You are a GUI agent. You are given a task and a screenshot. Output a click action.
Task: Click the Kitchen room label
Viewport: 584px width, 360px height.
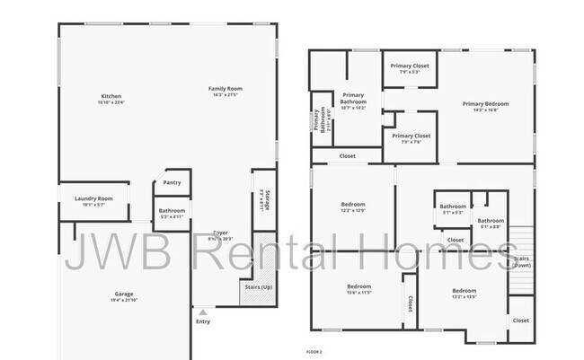tap(111, 97)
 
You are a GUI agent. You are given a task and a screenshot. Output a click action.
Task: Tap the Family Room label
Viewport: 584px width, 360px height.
tap(226, 89)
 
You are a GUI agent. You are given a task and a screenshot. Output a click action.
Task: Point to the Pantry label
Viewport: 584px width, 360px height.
tap(172, 182)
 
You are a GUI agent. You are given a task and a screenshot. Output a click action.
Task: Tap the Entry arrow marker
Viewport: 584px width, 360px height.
tap(202, 312)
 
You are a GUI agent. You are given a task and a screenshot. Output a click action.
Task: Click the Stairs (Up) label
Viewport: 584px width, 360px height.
tap(258, 286)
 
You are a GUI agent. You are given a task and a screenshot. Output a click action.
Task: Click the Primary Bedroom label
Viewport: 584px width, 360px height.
tap(485, 104)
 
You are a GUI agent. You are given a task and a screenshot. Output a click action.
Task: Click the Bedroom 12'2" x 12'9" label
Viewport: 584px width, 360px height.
tap(352, 205)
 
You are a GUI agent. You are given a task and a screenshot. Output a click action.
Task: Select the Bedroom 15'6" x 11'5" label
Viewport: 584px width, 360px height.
tap(358, 286)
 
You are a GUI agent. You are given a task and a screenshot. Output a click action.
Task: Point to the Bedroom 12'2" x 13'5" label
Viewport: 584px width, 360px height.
tap(464, 291)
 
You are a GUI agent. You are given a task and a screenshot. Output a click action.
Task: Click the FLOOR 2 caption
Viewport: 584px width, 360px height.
tap(314, 351)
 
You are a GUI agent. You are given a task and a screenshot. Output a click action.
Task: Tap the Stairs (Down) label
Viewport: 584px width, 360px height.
tap(521, 260)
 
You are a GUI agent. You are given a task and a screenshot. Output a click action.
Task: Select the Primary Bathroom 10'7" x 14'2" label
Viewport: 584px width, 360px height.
tap(353, 101)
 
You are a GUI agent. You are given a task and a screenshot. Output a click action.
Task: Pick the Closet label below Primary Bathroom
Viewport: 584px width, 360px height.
tap(347, 156)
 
